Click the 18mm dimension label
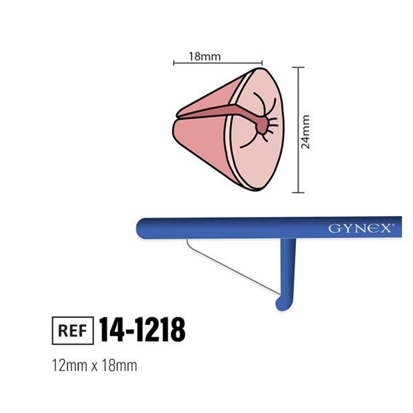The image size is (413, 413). [204, 56]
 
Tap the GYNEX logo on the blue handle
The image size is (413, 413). [360, 228]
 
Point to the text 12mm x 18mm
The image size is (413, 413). [94, 366]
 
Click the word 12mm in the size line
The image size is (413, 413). [67, 366]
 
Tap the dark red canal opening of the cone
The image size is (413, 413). [262, 125]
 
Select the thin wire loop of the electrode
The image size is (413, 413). [231, 269]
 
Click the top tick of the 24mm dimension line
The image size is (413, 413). [297, 67]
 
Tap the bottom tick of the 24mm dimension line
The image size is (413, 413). [297, 192]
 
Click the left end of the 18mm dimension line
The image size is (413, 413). [173, 63]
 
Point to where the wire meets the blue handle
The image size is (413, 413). [187, 240]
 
